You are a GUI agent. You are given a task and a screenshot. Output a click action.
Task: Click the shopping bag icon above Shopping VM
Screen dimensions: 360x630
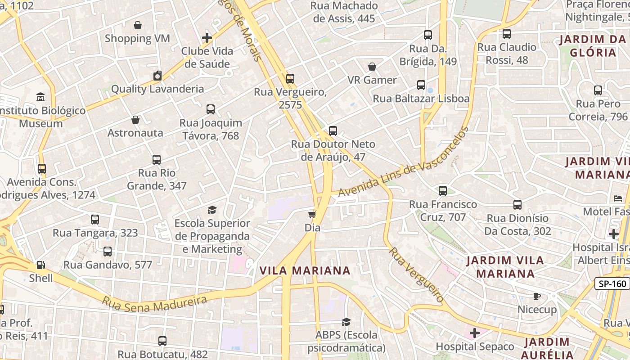[138, 25]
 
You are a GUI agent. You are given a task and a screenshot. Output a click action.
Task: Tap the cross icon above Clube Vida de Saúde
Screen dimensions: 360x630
[207, 38]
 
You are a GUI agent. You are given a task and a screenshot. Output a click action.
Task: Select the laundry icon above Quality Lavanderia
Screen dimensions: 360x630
[157, 76]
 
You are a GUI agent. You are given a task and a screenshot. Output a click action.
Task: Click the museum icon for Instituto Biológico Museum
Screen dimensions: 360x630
[40, 97]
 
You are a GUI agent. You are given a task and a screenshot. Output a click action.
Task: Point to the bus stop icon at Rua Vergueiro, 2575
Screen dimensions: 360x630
[290, 79]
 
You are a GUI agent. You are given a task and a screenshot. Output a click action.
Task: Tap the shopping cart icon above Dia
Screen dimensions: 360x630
[312, 214]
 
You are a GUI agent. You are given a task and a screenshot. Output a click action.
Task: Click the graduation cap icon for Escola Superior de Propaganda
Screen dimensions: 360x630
[212, 210]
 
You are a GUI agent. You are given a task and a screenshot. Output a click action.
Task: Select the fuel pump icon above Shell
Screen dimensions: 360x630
[41, 265]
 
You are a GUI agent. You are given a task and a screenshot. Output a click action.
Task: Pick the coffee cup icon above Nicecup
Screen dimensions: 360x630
[536, 296]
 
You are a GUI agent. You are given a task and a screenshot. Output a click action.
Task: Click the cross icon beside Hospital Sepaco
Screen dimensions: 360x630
[474, 333]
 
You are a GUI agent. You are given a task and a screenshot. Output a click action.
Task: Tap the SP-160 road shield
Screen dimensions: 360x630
[612, 284]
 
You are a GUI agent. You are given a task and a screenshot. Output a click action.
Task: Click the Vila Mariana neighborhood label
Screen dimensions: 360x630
[305, 270]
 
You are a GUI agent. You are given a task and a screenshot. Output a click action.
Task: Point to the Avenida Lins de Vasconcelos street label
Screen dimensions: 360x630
[403, 162]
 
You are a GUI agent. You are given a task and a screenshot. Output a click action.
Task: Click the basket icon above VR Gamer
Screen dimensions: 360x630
[372, 67]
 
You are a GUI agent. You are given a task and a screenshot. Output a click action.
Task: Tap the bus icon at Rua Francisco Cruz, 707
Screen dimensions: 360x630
[443, 191]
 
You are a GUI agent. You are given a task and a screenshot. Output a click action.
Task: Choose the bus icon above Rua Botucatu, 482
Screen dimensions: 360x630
[162, 341]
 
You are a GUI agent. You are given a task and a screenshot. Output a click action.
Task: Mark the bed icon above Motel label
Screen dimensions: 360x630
[618, 198]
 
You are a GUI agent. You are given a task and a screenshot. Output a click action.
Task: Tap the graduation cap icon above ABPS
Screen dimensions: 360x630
[346, 322]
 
